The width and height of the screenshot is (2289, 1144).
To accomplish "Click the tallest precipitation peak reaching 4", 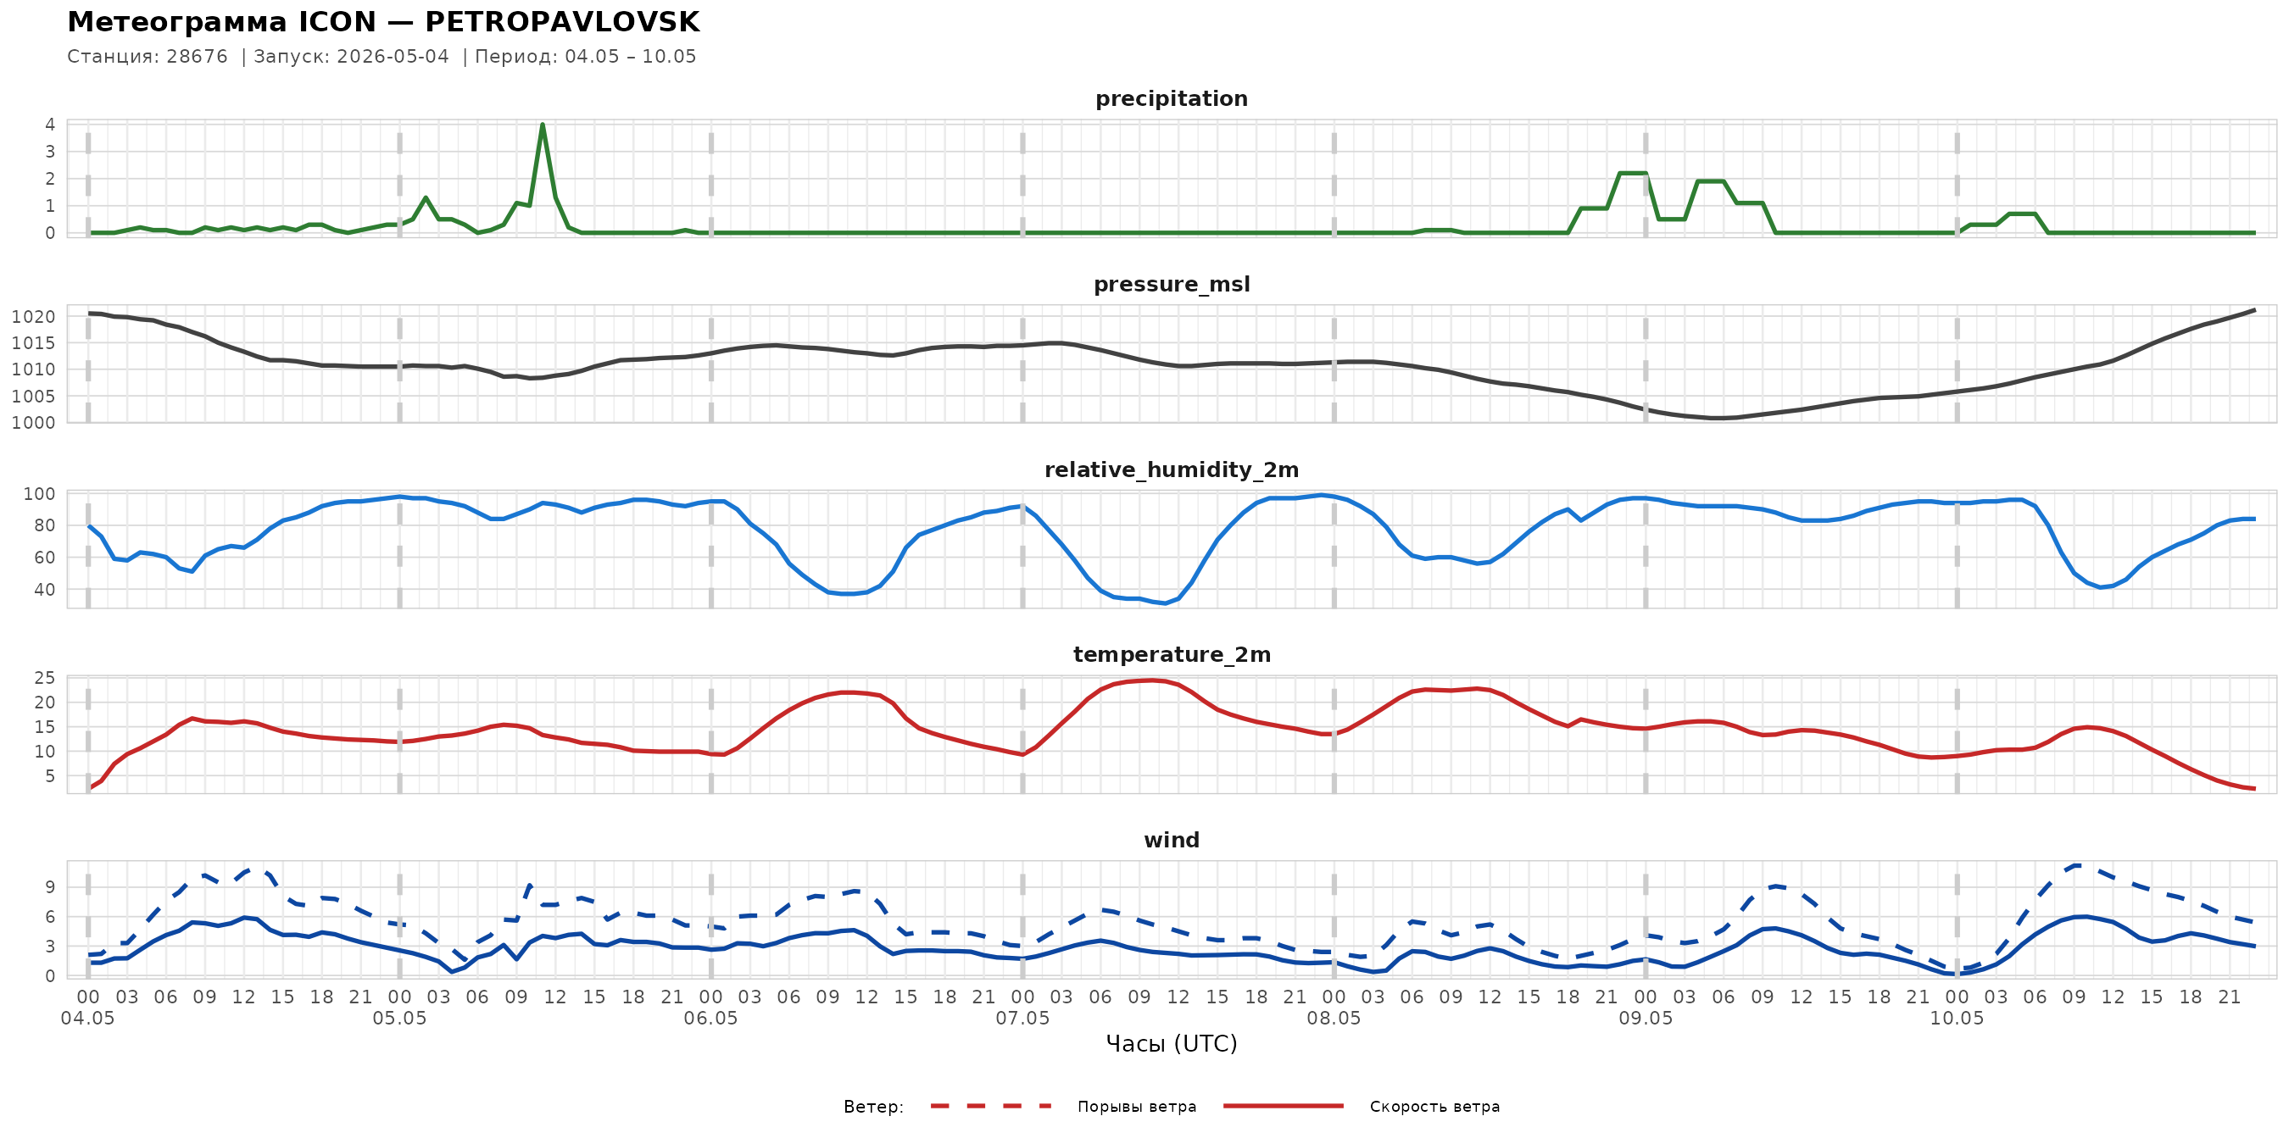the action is pos(542,125).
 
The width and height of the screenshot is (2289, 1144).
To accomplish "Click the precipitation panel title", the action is pos(1171,98).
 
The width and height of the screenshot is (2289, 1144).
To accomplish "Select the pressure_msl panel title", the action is pos(1171,284).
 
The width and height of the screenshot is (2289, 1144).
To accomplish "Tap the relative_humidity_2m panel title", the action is pos(1171,469).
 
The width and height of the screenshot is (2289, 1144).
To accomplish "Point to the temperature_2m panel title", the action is pos(1171,654).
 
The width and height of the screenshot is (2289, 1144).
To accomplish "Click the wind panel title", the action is pos(1171,841).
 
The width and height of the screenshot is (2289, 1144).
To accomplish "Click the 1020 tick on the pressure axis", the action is pos(34,317).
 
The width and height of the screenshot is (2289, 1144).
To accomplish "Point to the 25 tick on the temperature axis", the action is pos(44,679).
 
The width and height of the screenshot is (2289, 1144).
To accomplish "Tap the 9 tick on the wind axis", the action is pos(50,887).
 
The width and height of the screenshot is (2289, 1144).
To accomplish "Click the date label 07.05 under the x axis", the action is pos(1022,1019).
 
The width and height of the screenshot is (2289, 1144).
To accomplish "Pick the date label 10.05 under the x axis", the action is pos(1957,1019).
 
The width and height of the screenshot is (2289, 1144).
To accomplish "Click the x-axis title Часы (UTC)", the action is pos(1171,1044).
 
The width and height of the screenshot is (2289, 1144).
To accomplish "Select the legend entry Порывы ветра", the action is pos(1137,1107).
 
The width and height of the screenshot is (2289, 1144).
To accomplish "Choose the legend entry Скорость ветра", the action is pos(1434,1107).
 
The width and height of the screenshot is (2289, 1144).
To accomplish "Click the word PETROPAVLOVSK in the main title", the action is pos(561,22).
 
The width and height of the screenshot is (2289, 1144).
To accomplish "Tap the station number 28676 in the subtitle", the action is pos(198,57).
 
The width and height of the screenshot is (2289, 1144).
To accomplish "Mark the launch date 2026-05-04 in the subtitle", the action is pos(393,57).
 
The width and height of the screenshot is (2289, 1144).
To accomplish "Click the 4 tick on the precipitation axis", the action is pos(50,125).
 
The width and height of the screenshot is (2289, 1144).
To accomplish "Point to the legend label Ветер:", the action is pos(873,1107).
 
